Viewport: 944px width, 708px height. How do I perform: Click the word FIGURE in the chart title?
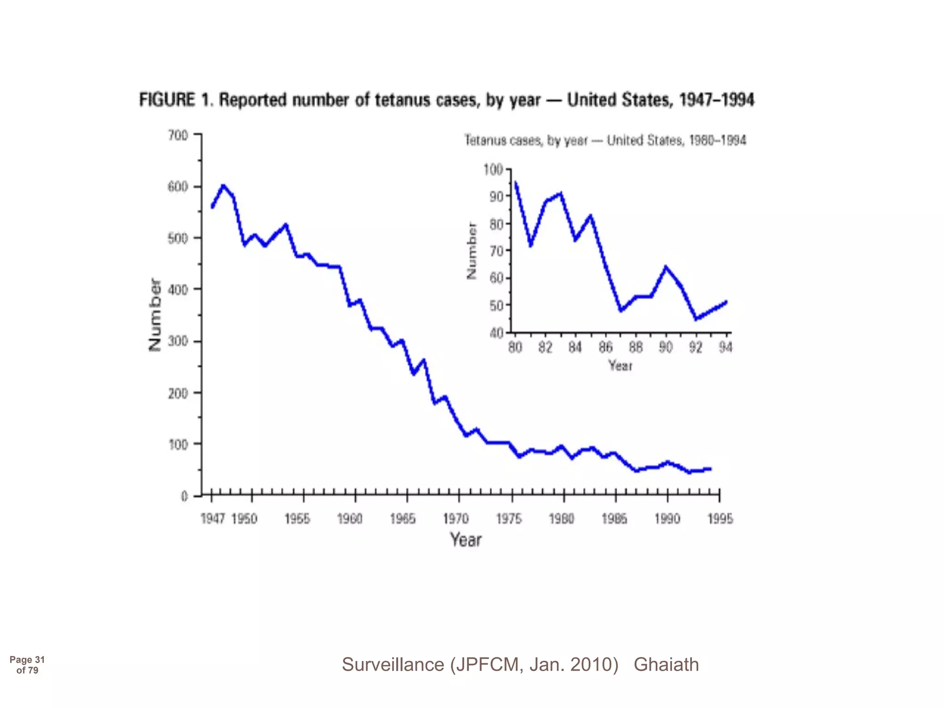[x=167, y=100]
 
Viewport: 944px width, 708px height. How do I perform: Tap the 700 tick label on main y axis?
[x=178, y=136]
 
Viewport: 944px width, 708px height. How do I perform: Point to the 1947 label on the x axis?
[x=212, y=519]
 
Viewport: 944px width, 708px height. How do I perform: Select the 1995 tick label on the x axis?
[x=720, y=519]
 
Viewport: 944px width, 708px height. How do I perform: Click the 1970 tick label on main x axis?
[x=456, y=519]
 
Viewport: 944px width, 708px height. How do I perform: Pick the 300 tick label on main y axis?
[x=178, y=342]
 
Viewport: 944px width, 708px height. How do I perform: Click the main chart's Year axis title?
[x=466, y=540]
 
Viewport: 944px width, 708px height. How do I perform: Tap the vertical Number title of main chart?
[x=155, y=315]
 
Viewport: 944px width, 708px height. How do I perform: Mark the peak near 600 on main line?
[x=223, y=186]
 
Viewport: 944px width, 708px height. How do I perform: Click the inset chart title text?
[x=605, y=140]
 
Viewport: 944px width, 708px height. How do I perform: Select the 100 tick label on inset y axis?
[x=493, y=170]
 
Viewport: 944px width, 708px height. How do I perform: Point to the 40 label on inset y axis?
[x=496, y=333]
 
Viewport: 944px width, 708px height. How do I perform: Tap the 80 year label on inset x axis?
[x=515, y=348]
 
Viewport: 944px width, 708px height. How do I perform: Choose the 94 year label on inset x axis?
[x=725, y=348]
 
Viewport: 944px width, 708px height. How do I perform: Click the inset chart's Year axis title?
[x=620, y=366]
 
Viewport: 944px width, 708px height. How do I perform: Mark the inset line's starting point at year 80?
[x=516, y=183]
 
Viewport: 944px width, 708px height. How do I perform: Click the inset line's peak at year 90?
[x=666, y=267]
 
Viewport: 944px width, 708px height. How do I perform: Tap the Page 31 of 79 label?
[x=27, y=665]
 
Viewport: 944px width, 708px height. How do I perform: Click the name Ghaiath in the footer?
[x=666, y=665]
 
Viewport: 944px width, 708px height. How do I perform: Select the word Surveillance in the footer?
[x=393, y=665]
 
